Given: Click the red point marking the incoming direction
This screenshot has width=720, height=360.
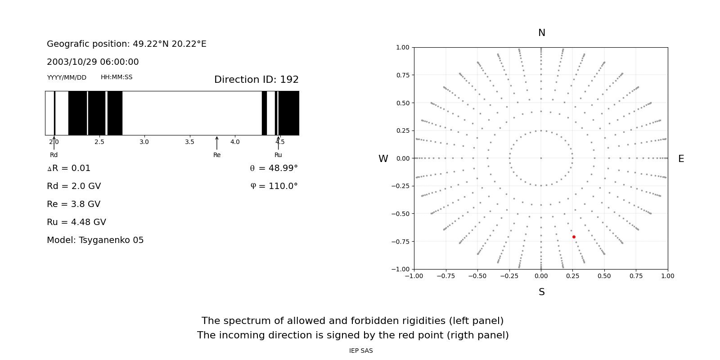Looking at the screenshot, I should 574,237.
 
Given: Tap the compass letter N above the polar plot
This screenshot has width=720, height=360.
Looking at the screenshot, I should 541,33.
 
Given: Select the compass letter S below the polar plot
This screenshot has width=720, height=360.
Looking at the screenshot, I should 541,292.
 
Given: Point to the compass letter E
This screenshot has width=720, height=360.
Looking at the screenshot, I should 681,159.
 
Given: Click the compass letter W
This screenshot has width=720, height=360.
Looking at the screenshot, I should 383,159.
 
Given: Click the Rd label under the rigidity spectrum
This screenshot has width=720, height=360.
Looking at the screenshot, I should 54,155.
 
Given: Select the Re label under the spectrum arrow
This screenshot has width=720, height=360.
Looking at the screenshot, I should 217,155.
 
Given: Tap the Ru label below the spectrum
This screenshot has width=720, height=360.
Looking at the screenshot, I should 278,155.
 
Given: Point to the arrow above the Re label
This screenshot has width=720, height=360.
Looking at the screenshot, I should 217,143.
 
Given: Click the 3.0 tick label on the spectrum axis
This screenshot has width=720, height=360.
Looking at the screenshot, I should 144,142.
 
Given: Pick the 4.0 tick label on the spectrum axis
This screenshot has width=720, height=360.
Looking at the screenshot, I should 235,142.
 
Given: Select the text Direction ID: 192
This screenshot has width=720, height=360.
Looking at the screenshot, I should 256,80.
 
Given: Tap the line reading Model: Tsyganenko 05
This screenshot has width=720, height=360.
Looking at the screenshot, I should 95,240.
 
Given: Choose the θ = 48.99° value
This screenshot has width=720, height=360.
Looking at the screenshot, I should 274,168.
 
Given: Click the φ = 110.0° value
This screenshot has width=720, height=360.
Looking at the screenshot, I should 274,186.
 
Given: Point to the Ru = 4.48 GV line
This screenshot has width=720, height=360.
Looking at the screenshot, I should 76,222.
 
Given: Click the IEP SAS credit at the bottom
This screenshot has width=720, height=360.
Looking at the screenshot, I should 361,351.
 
